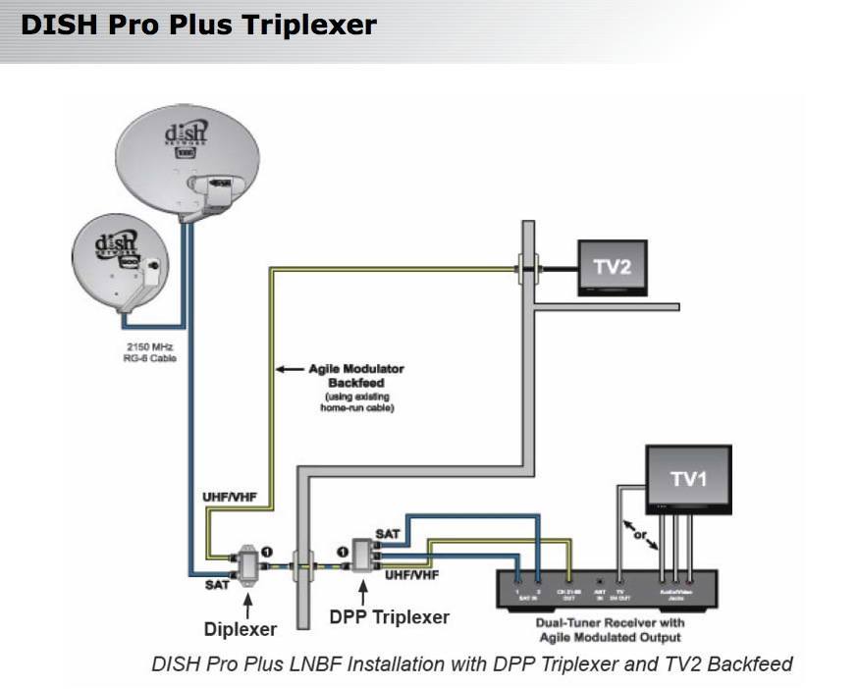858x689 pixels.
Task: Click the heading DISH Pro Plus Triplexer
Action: coord(198,25)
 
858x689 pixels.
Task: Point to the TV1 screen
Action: coord(687,478)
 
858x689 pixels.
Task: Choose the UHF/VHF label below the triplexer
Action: coord(410,573)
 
